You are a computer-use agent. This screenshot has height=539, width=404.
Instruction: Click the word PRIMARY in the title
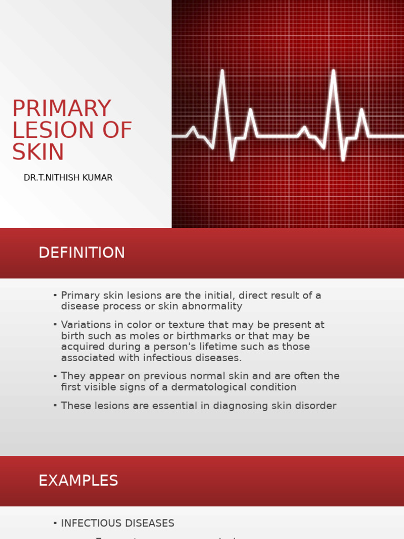(62, 108)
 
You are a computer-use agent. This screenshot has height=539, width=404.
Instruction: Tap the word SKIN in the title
(38, 152)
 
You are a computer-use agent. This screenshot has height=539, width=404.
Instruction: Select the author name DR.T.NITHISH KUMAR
(68, 178)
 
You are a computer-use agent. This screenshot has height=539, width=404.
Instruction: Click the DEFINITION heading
(82, 253)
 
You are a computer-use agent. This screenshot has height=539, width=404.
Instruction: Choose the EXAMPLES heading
(78, 481)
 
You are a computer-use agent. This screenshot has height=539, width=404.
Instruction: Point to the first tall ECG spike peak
(222, 71)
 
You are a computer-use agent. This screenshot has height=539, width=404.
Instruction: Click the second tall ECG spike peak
(333, 71)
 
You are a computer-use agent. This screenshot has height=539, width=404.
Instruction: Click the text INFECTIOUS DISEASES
(117, 523)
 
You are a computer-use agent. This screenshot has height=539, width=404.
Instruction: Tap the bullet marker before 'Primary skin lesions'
(55, 296)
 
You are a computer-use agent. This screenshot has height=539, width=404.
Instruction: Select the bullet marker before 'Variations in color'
(55, 325)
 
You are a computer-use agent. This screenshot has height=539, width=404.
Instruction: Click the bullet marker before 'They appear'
(55, 376)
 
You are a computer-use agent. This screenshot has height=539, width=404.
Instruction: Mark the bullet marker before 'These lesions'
(55, 406)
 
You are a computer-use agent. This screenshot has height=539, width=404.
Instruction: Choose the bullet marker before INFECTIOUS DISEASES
(55, 523)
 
